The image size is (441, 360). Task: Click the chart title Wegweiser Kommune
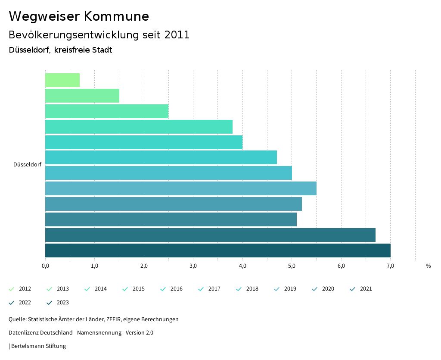(x=79, y=16)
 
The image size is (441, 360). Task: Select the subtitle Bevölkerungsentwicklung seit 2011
(x=99, y=35)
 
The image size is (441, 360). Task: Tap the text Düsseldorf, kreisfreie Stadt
(x=60, y=50)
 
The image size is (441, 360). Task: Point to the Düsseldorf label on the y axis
(x=28, y=165)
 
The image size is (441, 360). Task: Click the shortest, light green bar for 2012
(x=62, y=80)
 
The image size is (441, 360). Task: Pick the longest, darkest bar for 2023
(x=217, y=250)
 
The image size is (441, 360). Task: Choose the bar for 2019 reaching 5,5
(x=181, y=188)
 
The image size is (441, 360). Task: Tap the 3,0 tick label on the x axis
(x=193, y=266)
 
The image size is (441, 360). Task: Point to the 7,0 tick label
(x=390, y=266)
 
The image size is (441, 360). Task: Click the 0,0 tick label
(x=45, y=266)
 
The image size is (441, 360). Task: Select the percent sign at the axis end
(x=428, y=266)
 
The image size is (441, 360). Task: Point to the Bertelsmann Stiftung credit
(x=38, y=346)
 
